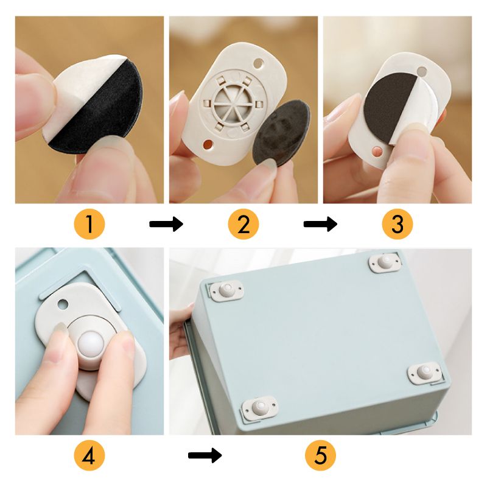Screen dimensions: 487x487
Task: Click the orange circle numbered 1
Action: coord(89,224)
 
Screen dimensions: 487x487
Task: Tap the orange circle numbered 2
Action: coord(243,224)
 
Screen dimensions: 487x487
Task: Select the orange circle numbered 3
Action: coord(398,224)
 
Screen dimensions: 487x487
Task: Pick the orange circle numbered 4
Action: coord(89,455)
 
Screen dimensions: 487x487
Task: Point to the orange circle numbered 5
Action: coord(321,455)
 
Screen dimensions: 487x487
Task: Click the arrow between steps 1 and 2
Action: coord(166,224)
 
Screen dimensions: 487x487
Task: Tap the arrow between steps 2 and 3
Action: coord(320,224)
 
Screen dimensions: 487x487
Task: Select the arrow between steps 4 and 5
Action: coord(205,455)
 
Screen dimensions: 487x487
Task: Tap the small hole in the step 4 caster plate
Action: coord(63,304)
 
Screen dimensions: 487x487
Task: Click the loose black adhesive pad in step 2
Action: coord(281,133)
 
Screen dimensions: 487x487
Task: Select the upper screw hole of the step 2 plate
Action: coord(258,64)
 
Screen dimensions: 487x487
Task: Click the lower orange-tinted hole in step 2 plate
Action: coord(208,144)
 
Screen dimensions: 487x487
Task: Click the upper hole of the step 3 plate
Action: coord(422,71)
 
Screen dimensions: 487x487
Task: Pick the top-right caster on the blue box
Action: coord(385,263)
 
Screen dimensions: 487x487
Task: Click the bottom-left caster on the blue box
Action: coord(260,407)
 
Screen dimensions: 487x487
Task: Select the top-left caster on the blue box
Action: coord(226,291)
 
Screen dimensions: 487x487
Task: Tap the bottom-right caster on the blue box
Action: coord(424,373)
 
